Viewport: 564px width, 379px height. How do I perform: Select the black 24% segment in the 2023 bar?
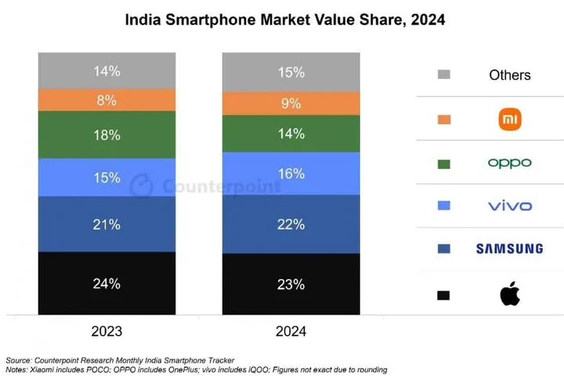(107, 283)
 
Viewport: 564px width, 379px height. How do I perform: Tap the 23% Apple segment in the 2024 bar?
(291, 285)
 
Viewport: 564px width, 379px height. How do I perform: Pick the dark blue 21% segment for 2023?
(107, 224)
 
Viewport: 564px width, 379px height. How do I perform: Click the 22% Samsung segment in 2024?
(291, 224)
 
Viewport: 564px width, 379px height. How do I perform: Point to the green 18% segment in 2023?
(107, 135)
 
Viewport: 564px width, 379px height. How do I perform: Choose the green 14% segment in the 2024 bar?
(291, 133)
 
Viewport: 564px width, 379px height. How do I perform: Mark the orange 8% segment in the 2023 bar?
(107, 99)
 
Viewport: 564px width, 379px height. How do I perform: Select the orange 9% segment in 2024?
(291, 103)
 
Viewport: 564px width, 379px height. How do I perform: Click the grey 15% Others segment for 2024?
(291, 71)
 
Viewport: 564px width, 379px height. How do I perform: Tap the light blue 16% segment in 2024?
(291, 173)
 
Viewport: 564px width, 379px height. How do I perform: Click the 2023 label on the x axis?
(107, 331)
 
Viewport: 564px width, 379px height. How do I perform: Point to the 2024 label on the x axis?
(291, 331)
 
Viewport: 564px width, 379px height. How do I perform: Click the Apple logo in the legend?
(509, 295)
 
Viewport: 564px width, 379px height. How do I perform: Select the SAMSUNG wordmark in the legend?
(509, 249)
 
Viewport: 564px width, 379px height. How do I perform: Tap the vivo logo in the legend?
(509, 206)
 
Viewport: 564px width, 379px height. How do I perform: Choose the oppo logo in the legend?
(509, 163)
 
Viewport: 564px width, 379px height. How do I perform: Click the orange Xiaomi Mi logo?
(509, 119)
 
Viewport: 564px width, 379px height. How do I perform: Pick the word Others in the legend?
(509, 75)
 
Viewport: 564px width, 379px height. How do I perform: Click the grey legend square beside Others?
(444, 75)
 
